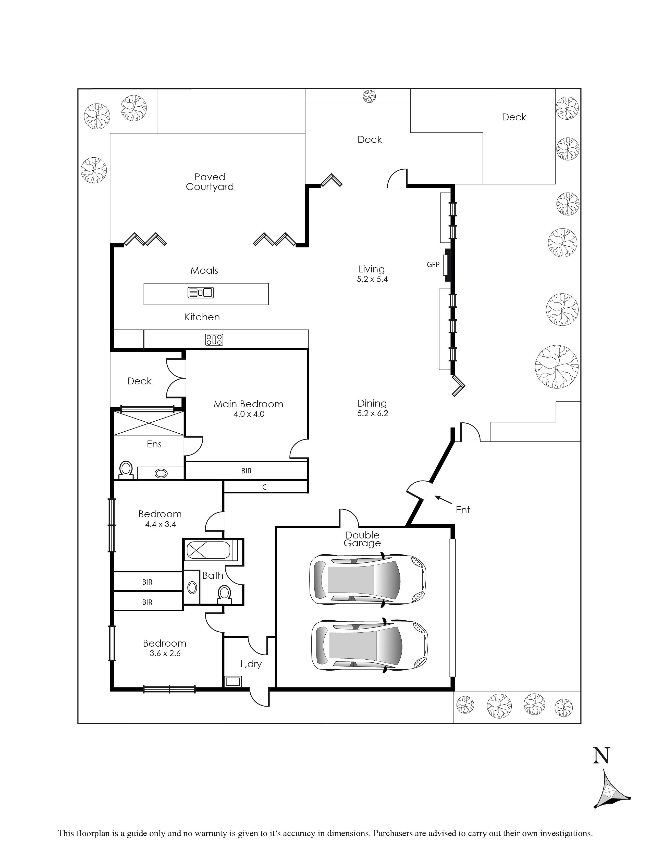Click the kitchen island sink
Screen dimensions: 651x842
(x=201, y=293)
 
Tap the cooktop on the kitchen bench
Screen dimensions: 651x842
(x=214, y=339)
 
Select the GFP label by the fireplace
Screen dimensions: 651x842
(x=433, y=265)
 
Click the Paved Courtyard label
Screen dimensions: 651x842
(x=210, y=182)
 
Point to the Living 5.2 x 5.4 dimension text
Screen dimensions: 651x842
(x=372, y=279)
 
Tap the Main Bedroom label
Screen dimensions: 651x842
(x=248, y=404)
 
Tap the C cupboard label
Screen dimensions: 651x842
(x=265, y=487)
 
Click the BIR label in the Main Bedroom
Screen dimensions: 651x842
(x=246, y=471)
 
